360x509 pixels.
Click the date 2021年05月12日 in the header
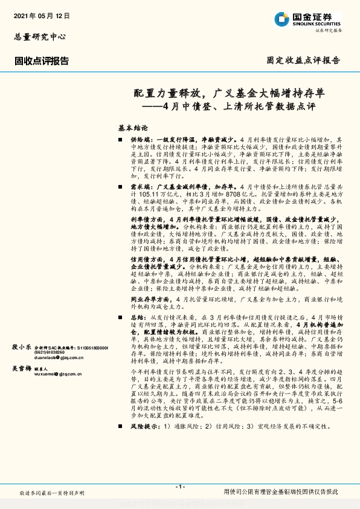coord(42,15)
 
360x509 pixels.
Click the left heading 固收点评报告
coord(42,60)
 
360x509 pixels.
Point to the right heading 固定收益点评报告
coord(303,60)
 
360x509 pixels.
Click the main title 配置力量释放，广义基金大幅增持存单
coord(229,94)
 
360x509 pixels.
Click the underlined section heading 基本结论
coord(133,129)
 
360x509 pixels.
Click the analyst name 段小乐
coord(22,347)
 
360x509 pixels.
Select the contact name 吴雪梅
coord(22,368)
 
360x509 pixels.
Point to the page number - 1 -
coord(179,487)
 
